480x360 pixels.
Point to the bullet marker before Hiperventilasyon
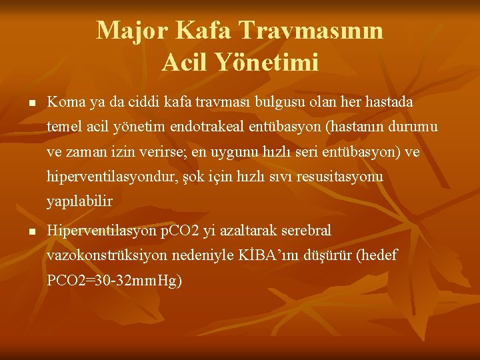coord(31,232)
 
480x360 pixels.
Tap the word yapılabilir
coord(79,201)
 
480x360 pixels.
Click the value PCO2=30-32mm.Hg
coord(114,281)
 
